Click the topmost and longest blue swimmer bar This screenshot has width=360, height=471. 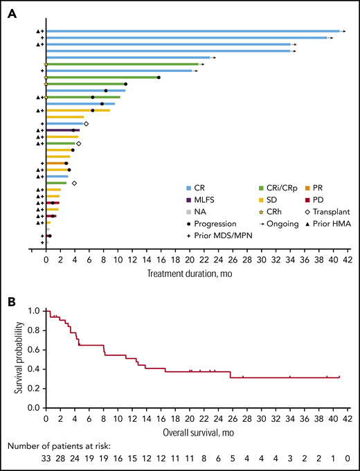click(x=192, y=31)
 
